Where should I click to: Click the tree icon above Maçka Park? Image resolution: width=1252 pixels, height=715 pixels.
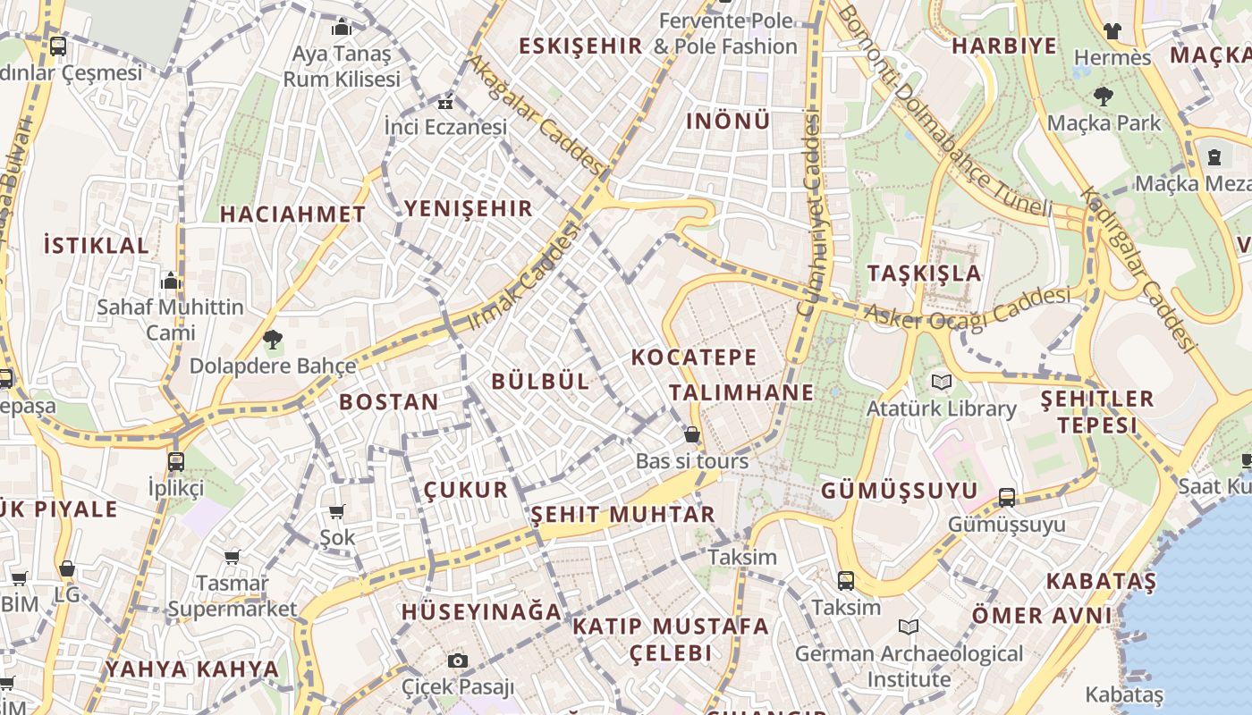(x=1103, y=96)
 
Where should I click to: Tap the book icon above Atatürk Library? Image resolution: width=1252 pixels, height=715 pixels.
(x=941, y=383)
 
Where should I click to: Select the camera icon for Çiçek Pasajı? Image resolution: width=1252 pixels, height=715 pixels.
(x=458, y=660)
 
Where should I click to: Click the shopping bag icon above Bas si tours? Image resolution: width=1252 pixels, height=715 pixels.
(x=691, y=435)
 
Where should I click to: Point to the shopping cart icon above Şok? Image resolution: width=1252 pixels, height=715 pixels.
(x=337, y=511)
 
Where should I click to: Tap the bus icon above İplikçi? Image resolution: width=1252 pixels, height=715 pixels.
(x=176, y=462)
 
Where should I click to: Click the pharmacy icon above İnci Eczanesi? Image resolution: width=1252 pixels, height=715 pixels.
(x=444, y=103)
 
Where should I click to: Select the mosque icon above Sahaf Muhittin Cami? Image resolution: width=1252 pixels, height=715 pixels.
(x=170, y=282)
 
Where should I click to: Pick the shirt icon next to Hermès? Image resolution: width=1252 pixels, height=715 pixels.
(x=1112, y=30)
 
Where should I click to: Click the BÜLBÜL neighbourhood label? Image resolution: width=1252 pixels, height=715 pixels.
(x=540, y=381)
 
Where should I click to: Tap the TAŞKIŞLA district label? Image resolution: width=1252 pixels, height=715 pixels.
(x=924, y=273)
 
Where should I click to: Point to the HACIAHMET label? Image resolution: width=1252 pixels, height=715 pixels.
(x=292, y=214)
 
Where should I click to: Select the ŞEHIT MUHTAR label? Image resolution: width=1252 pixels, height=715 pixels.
(x=623, y=515)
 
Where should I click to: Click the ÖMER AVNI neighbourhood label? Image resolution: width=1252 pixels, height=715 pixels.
(x=1042, y=616)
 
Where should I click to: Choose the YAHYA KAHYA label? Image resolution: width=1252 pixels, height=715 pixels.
(x=192, y=669)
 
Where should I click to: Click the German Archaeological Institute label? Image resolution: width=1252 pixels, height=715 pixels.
(x=909, y=667)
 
